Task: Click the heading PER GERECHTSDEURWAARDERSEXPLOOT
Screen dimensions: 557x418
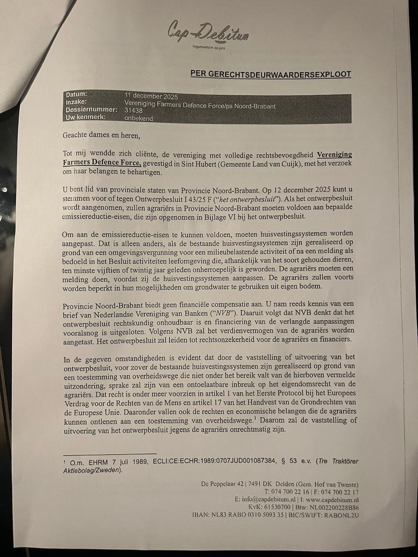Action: point(270,74)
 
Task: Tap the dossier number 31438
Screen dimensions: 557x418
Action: point(134,111)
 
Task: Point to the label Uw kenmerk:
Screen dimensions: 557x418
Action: point(85,117)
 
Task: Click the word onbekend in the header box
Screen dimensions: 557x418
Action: point(138,117)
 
